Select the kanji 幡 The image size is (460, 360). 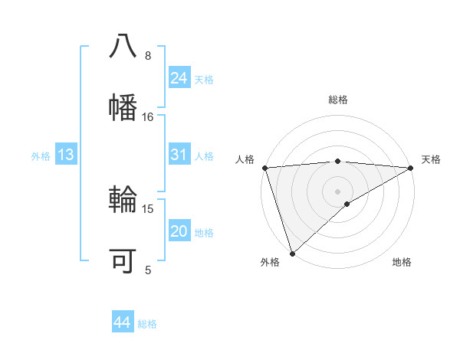(123, 105)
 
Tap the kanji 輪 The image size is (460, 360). (123, 201)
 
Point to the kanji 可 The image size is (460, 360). (123, 260)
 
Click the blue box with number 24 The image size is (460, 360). (179, 78)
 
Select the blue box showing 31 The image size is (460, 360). (179, 155)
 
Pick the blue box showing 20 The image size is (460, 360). (179, 231)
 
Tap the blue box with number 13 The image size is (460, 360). (66, 155)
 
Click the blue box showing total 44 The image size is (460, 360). (122, 322)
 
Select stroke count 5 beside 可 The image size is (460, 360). (148, 270)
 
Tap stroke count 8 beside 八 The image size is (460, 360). (148, 55)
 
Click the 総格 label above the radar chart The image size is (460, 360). (337, 100)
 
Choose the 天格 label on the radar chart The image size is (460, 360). (431, 159)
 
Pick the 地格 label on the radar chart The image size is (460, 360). (402, 262)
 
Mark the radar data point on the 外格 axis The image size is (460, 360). (292, 253)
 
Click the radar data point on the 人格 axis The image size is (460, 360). (264, 168)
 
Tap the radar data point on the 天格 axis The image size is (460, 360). (411, 168)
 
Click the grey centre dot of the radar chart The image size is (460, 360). (337, 191)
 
